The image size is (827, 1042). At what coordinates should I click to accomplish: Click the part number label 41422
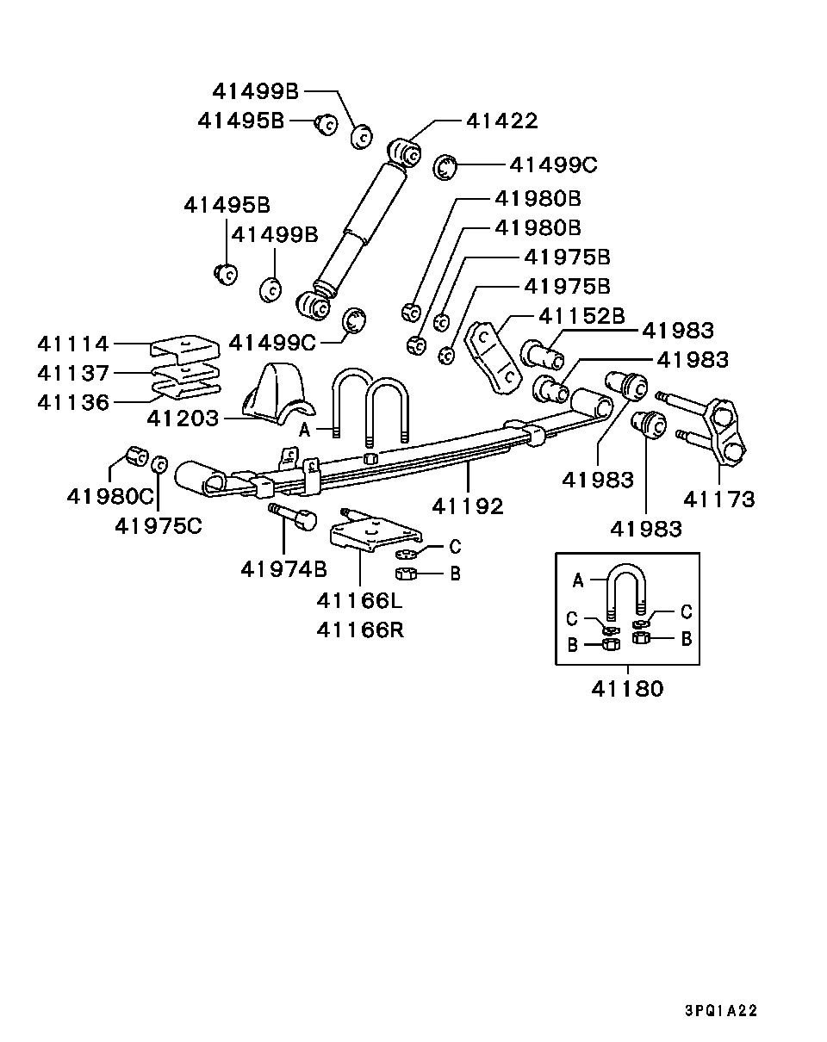tap(501, 121)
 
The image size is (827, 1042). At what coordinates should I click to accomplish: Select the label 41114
tap(73, 344)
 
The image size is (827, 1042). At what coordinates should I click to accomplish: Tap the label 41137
tap(73, 374)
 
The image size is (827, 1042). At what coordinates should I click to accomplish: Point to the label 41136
tap(73, 402)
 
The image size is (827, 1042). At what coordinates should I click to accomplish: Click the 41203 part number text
tap(183, 419)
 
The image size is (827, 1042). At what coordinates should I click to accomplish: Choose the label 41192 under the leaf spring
tap(468, 506)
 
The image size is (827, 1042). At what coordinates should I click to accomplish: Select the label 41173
tap(718, 499)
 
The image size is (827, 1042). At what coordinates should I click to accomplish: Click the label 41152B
tap(581, 316)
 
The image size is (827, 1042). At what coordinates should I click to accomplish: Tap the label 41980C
tap(109, 497)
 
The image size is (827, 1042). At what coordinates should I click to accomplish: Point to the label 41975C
tap(159, 525)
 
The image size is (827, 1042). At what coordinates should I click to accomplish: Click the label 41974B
tap(283, 569)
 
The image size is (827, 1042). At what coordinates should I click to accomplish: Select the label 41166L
tap(359, 600)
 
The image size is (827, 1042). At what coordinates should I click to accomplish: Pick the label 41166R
tap(359, 630)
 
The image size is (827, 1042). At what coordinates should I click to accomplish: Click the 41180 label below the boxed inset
tap(627, 689)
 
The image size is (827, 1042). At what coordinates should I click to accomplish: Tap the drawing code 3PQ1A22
tap(721, 1011)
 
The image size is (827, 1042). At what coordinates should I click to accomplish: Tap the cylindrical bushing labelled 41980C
tap(135, 456)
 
